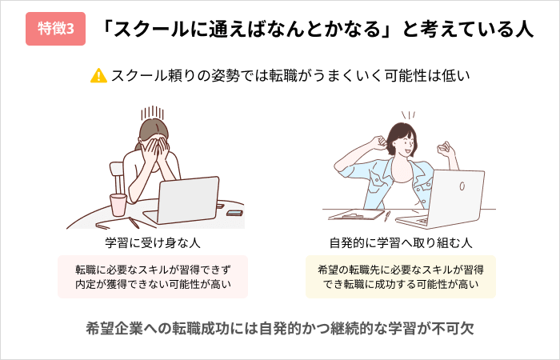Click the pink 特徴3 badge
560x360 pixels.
(56, 29)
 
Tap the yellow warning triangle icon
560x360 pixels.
(98, 76)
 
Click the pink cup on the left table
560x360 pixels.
(118, 205)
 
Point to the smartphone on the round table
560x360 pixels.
(234, 213)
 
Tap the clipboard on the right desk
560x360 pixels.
(356, 214)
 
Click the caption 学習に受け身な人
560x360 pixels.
(153, 243)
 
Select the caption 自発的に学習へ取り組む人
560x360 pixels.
(401, 243)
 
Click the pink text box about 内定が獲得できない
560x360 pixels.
(153, 277)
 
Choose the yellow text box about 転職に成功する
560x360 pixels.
(401, 277)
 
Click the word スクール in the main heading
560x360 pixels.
(150, 30)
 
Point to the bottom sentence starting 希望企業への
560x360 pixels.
(280, 328)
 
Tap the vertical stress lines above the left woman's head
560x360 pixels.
(153, 113)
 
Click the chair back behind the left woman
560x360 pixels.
(117, 177)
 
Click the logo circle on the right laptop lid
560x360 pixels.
(462, 186)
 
